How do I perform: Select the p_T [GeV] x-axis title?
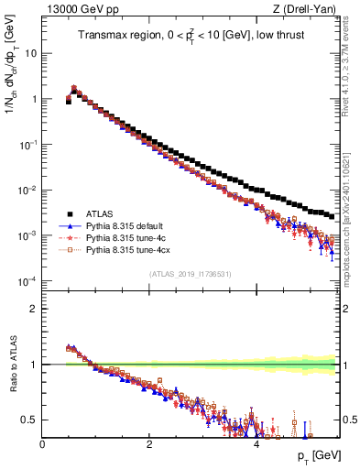(313, 455)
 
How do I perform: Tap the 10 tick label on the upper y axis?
(30, 53)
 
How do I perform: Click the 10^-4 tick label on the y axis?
(28, 281)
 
